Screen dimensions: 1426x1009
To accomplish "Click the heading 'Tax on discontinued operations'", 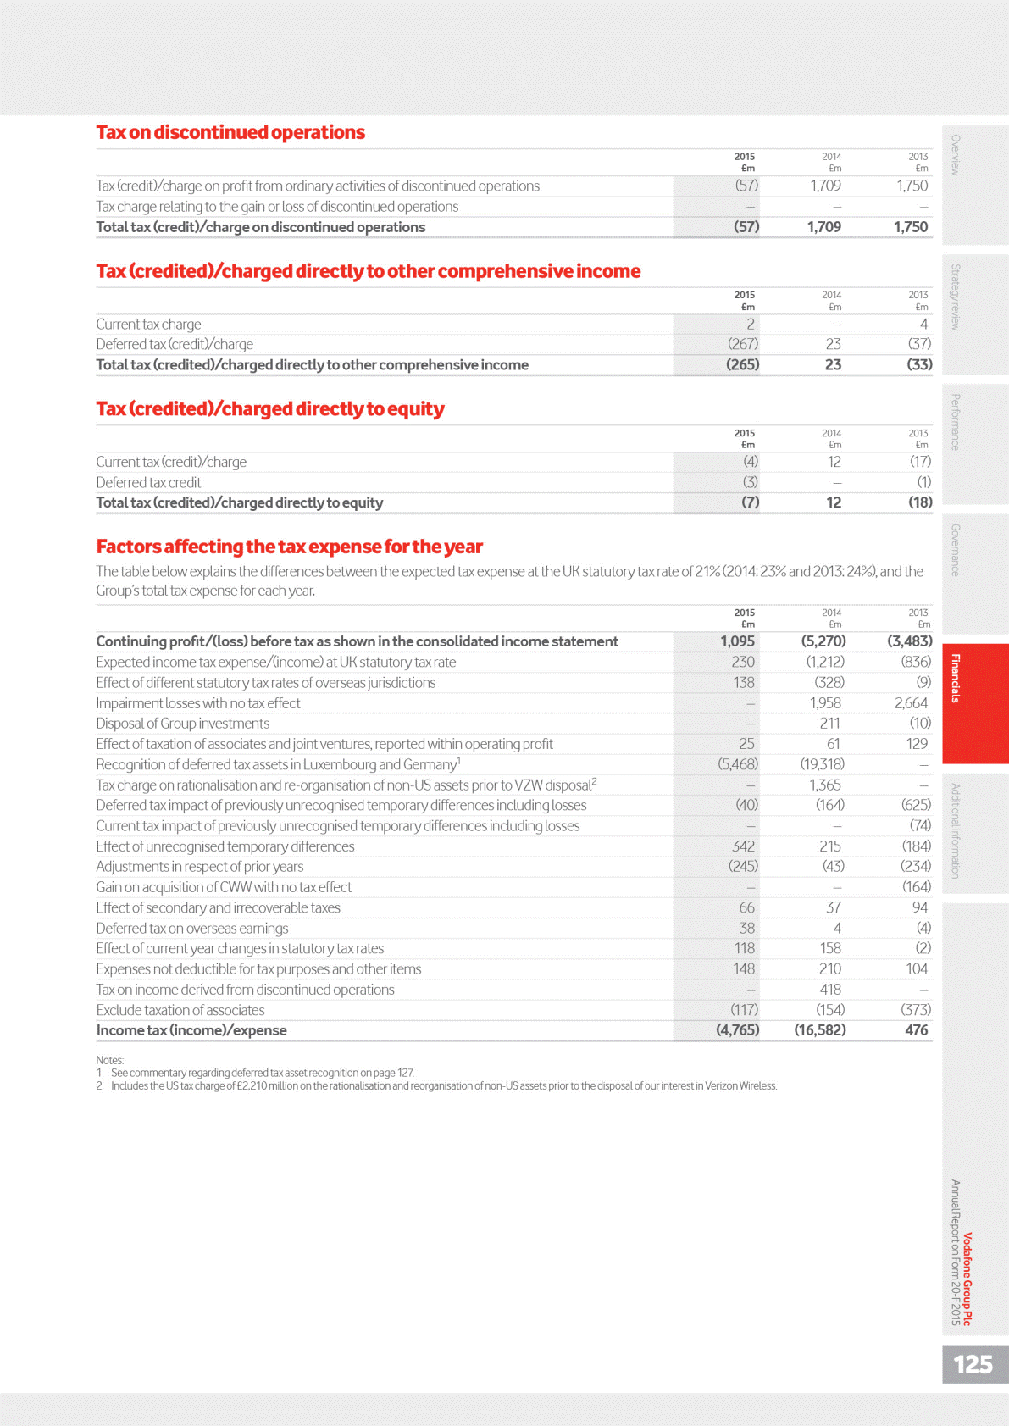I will pos(230,132).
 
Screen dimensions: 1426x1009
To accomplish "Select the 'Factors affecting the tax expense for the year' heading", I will pos(289,547).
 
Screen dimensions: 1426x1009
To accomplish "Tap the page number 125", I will pos(973,1364).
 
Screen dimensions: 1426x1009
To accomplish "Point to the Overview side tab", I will pos(956,155).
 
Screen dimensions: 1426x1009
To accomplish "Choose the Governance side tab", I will pos(956,551).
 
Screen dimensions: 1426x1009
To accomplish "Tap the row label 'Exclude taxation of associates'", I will pos(180,1010).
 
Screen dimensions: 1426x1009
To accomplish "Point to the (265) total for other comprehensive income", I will pos(742,364).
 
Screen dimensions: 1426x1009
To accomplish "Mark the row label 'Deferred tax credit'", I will pos(148,482).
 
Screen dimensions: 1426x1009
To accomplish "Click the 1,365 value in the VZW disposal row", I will pos(824,785).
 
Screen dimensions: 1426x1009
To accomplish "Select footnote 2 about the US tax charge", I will pos(442,1086).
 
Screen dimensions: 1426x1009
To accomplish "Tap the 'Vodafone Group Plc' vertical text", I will pos(967,1279).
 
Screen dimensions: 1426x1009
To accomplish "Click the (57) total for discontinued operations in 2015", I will pos(746,227).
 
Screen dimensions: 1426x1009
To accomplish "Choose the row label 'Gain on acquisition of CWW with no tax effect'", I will pos(224,887).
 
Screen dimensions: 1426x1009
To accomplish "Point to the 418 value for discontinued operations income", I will pos(830,990).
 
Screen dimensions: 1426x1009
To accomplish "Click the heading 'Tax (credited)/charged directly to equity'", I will pos(270,409).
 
